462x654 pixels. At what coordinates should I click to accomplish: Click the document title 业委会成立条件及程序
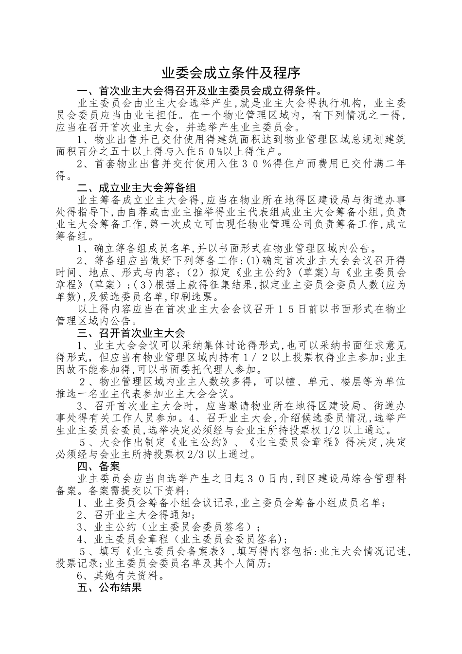coord(231,73)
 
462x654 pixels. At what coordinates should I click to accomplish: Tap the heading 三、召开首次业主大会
coord(131,333)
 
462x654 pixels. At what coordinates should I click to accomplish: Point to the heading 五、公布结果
coord(109,588)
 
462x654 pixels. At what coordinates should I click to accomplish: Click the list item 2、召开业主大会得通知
coord(136,515)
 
